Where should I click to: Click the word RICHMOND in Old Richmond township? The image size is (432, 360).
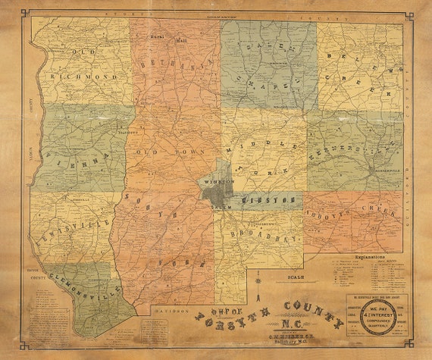tap(84, 77)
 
